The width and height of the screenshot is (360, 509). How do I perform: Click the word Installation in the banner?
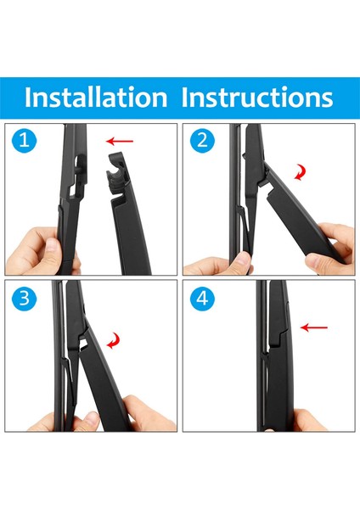click(96, 97)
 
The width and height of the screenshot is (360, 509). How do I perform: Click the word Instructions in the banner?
click(257, 97)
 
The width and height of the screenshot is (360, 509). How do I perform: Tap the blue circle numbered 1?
click(25, 141)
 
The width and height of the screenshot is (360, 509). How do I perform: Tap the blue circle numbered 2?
click(202, 140)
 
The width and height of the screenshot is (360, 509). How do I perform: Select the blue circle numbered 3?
click(25, 299)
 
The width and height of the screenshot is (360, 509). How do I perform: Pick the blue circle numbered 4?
click(202, 298)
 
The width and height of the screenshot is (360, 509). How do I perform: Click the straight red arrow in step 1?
click(120, 141)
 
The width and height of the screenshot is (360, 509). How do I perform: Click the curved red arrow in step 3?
click(115, 340)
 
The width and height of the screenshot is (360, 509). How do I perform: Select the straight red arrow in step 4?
click(314, 327)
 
